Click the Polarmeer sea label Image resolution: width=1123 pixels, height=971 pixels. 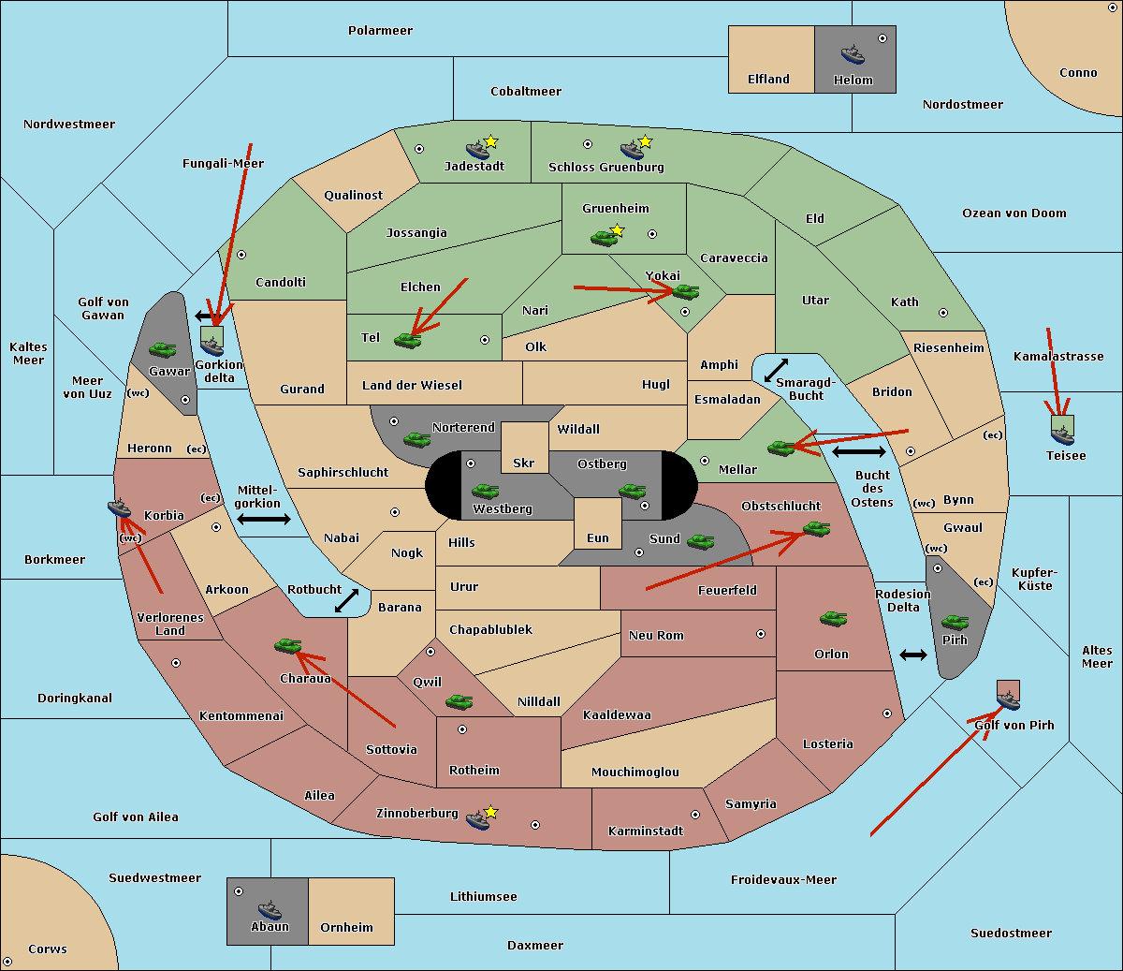[x=380, y=31]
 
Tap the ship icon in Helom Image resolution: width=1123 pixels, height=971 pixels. [x=853, y=54]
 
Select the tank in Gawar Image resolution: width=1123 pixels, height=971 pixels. [x=162, y=349]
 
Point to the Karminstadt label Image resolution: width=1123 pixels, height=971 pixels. [x=646, y=831]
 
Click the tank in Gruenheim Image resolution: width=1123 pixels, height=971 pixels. [x=604, y=238]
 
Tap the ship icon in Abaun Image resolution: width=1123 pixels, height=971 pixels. [x=270, y=909]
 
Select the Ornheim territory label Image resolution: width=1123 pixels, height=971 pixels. [x=346, y=928]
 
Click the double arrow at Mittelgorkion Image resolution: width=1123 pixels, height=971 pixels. [x=264, y=520]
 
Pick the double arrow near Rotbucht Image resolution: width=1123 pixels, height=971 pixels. [x=346, y=601]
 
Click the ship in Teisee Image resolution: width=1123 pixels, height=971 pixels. [x=1062, y=434]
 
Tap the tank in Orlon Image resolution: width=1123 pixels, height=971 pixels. [x=833, y=619]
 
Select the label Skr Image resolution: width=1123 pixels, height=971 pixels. [x=524, y=463]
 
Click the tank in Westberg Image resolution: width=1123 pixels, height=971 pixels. [x=485, y=491]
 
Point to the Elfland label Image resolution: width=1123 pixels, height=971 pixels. [x=768, y=80]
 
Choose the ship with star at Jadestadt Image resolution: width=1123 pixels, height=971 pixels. [x=478, y=149]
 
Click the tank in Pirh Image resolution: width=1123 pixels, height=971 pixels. [x=955, y=623]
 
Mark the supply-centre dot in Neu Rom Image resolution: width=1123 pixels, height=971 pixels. [x=761, y=634]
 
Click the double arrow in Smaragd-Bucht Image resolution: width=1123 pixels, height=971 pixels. [x=777, y=371]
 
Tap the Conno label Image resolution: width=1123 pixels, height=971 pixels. [x=1078, y=73]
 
